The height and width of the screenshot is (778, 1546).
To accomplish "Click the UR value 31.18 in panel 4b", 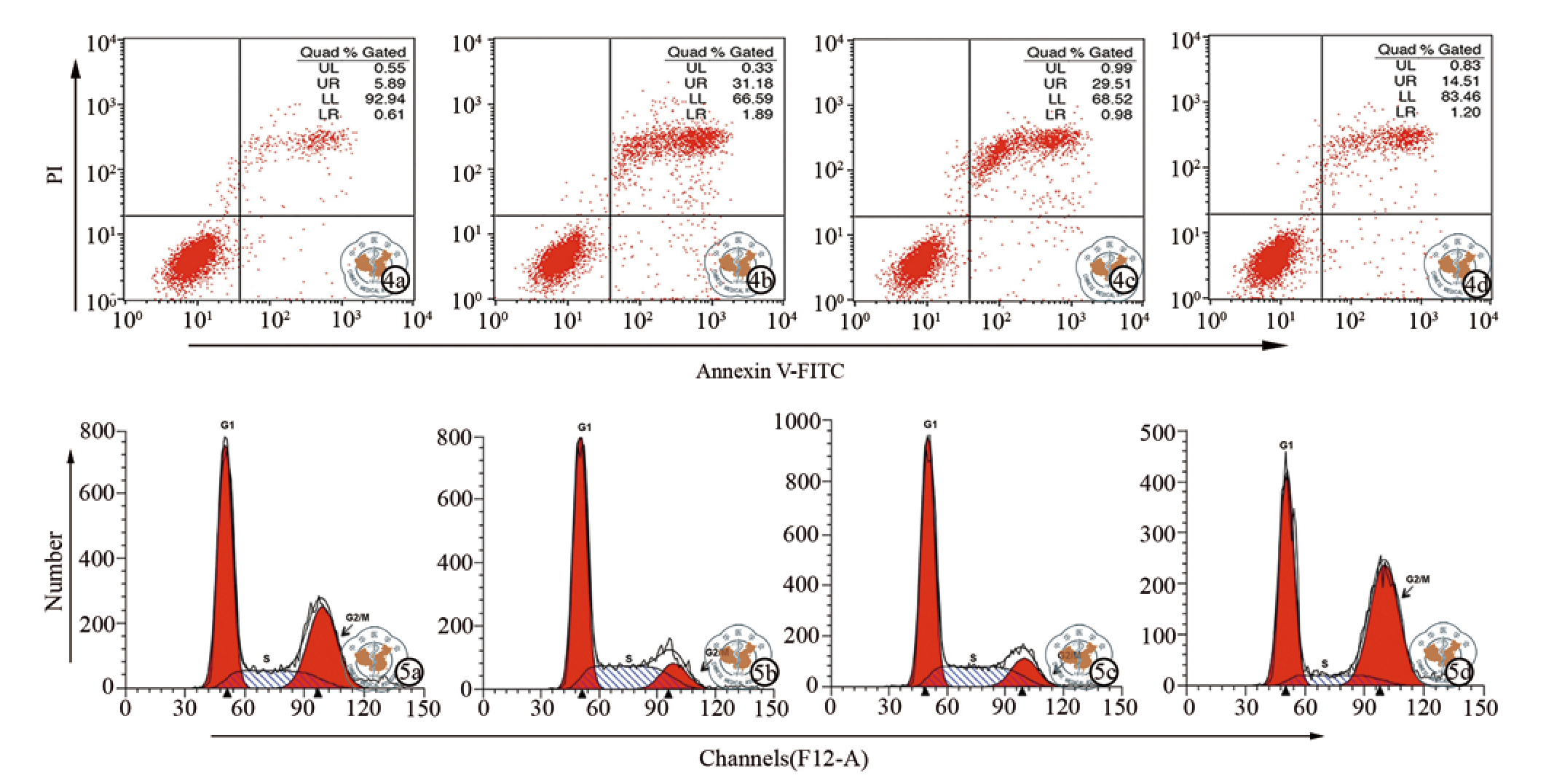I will point(752,83).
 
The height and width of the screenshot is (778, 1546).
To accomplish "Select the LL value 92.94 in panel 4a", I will point(384,98).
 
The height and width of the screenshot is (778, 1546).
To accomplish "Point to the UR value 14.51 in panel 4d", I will point(1460,81).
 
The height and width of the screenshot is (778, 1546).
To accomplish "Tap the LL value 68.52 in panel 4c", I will point(1111,98).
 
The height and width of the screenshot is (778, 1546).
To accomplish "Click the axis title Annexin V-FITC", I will point(770,371).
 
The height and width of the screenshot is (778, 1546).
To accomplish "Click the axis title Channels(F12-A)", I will point(784,758).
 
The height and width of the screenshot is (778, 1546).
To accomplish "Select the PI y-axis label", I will point(55,174).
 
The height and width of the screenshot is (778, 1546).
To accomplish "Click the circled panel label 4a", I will point(395,279).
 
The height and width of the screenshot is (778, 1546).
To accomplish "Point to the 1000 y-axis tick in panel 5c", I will point(797,421).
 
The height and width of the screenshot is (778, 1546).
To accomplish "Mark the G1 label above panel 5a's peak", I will point(227,425).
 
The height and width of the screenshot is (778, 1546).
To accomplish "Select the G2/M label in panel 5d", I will point(1417,579).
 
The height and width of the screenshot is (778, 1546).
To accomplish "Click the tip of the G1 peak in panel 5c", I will point(928,437).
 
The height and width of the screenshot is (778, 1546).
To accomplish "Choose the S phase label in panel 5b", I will point(628,659).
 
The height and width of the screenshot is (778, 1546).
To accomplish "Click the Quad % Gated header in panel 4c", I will point(1079,52).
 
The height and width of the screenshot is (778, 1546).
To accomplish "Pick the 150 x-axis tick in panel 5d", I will point(1480,707).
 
